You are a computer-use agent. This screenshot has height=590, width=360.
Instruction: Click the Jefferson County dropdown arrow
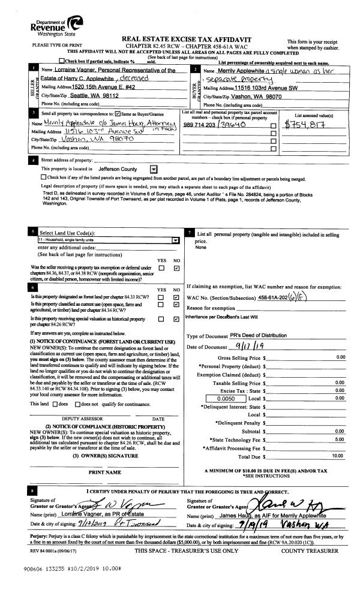pos(154,170)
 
